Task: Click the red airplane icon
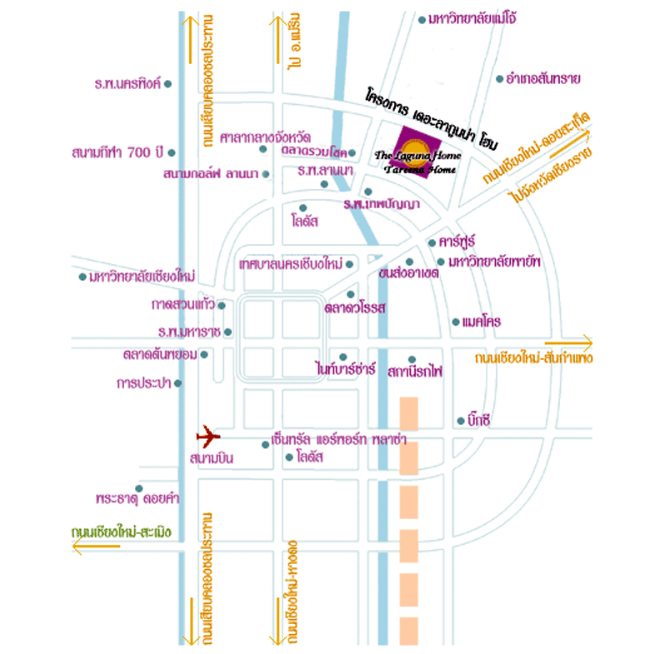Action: [x=207, y=436]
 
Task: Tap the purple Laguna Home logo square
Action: [x=403, y=150]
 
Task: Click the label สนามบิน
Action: [x=212, y=458]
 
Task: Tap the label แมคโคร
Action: [x=482, y=322]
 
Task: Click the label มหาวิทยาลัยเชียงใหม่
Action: [x=142, y=277]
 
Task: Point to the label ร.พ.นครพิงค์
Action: [x=128, y=84]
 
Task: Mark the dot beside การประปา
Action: [x=177, y=383]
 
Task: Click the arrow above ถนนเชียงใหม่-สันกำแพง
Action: [x=566, y=342]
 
